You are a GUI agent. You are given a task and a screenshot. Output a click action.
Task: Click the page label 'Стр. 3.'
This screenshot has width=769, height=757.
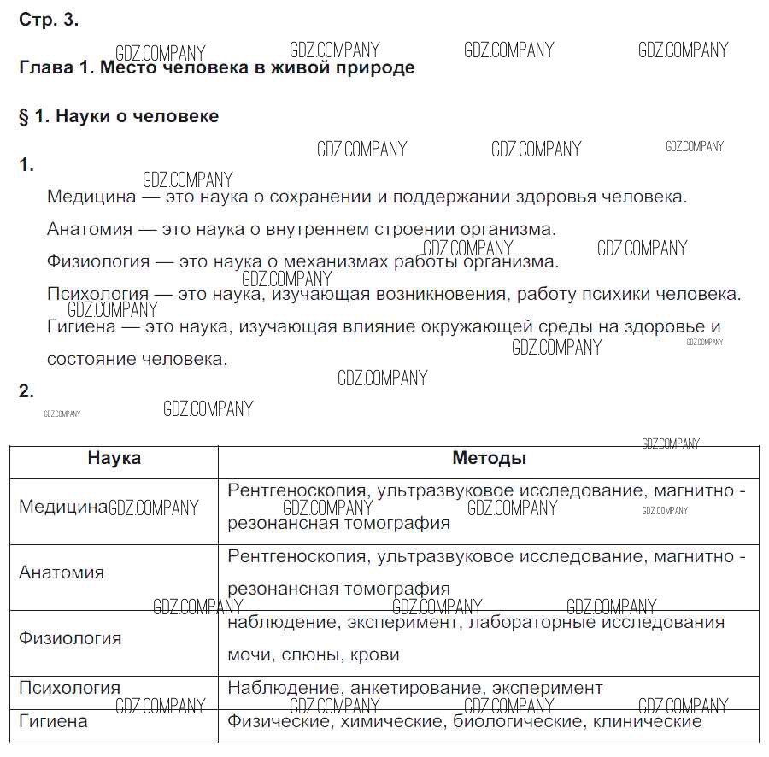(49, 21)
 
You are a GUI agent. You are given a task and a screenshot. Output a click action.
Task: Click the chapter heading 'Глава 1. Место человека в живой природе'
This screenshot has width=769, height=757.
(217, 67)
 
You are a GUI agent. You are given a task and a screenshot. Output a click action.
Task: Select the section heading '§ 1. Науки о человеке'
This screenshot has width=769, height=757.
(119, 116)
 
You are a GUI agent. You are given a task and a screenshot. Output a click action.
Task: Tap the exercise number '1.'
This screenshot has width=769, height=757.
(26, 166)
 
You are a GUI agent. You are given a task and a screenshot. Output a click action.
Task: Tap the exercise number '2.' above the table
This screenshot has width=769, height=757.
(26, 392)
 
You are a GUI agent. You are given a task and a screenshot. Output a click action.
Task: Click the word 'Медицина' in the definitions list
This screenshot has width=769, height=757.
(91, 197)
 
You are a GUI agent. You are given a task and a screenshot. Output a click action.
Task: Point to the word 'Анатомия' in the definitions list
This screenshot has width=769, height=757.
(90, 230)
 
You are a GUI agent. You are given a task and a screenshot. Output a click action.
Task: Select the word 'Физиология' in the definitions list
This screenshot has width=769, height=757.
(98, 262)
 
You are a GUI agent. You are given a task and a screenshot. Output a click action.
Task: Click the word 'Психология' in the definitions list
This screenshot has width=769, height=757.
(97, 295)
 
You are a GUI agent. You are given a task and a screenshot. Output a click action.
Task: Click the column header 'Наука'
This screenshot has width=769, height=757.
(114, 459)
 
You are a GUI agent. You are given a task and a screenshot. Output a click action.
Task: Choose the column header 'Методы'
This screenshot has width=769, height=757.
(489, 459)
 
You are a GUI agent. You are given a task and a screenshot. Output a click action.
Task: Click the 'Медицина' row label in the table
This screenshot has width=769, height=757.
(63, 508)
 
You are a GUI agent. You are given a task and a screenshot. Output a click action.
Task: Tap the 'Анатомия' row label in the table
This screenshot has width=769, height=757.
(62, 573)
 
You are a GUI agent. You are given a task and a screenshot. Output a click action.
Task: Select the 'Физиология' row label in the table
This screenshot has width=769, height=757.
(70, 639)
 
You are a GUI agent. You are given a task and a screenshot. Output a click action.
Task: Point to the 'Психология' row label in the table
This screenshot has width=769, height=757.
(69, 688)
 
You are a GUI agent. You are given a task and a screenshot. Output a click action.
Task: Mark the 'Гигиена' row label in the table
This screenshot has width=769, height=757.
(53, 721)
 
